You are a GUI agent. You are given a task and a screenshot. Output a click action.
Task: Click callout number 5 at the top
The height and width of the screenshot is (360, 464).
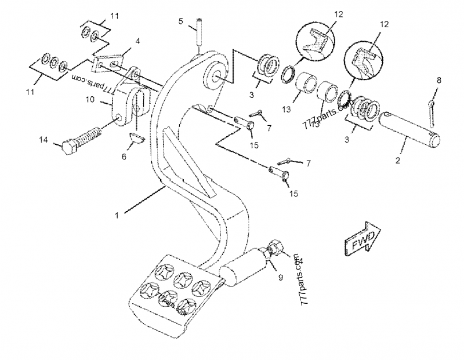[181, 21]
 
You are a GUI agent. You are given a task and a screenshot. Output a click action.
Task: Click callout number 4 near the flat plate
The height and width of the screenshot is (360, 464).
[137, 41]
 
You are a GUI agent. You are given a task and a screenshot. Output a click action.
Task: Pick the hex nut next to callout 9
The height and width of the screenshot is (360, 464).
[275, 249]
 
